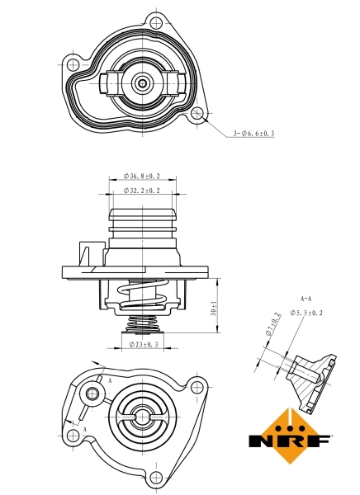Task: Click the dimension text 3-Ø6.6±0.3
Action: [253, 133]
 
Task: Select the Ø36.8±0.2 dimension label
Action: [141, 176]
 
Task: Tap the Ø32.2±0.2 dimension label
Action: [141, 191]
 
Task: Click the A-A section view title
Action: [305, 297]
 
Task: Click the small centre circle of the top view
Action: [143, 82]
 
